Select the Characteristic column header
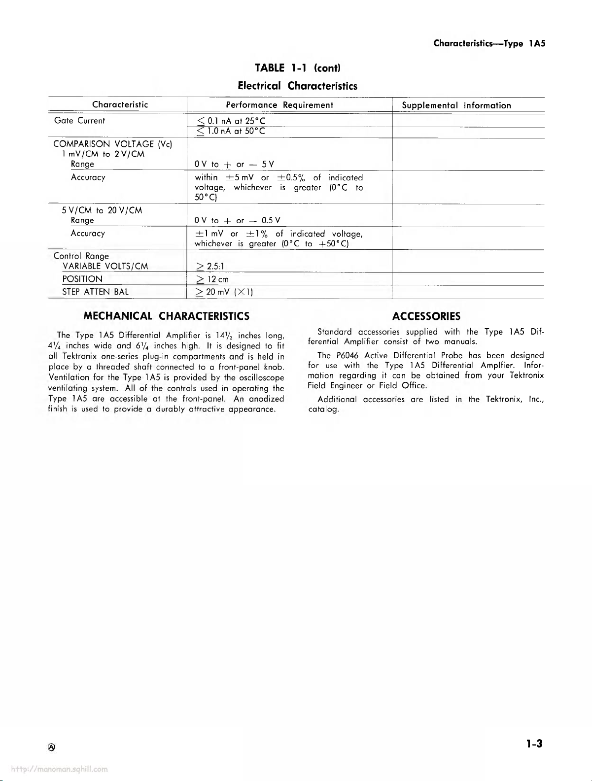point(120,104)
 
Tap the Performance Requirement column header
point(279,105)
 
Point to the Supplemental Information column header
point(456,105)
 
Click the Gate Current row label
point(79,121)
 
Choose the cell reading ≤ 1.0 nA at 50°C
point(230,131)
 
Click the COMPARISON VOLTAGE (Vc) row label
point(112,144)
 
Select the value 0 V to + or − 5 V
point(234,164)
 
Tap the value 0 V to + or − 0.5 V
point(238,220)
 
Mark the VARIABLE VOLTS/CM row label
point(105,266)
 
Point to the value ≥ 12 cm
point(212,279)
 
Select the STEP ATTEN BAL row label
point(95,292)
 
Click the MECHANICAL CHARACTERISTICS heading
point(167,316)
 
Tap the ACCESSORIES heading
point(426,316)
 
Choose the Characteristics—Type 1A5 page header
point(489,43)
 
